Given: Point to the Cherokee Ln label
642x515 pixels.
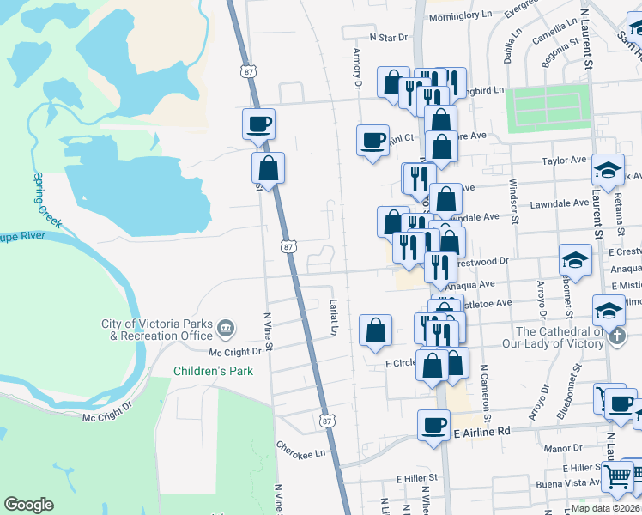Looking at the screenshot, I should pyautogui.click(x=302, y=449).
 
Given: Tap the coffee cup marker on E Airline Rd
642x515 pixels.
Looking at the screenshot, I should pyautogui.click(x=434, y=424).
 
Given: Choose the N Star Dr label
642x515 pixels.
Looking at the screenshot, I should pyautogui.click(x=387, y=38).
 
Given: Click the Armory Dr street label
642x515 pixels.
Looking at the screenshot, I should pyautogui.click(x=357, y=70).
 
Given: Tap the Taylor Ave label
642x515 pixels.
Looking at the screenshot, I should pyautogui.click(x=563, y=160).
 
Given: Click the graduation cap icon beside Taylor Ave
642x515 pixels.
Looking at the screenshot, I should pyautogui.click(x=608, y=170).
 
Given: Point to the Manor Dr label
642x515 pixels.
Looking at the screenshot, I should pyautogui.click(x=563, y=448).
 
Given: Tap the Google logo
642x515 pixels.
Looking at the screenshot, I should pyautogui.click(x=28, y=505).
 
